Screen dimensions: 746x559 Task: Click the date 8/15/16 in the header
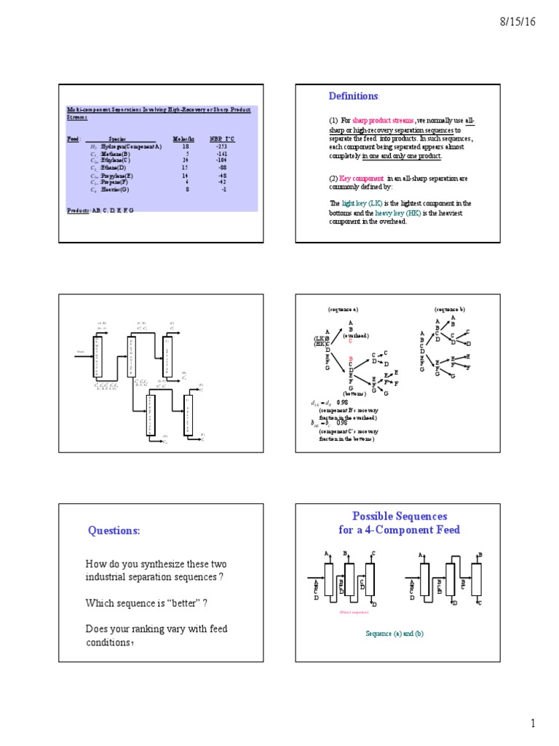(518, 22)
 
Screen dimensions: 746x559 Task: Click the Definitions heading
(354, 96)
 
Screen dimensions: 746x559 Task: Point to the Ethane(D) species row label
(117, 168)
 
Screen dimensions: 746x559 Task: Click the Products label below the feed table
(79, 210)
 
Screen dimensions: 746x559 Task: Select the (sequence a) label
(341, 309)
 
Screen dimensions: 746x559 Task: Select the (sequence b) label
(450, 309)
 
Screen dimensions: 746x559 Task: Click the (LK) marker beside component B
(319, 339)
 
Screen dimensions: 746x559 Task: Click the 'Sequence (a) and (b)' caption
(394, 634)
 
